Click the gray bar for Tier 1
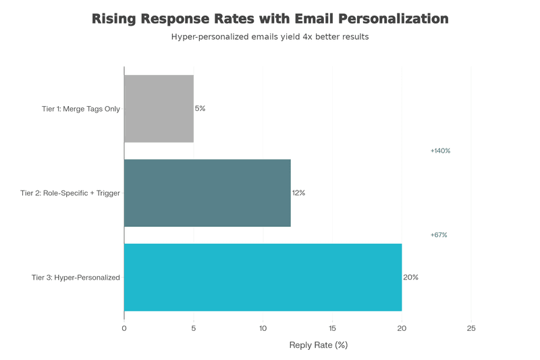(x=159, y=108)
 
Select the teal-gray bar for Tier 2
(x=207, y=192)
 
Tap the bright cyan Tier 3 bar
(x=263, y=277)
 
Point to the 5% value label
(x=200, y=108)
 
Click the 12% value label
(x=298, y=192)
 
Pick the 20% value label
(x=410, y=277)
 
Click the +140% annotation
(x=440, y=151)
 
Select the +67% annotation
(x=439, y=235)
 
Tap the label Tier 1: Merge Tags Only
(x=81, y=108)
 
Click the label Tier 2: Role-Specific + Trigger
(x=71, y=193)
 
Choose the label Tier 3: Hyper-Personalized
(x=76, y=278)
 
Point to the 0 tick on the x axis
(x=124, y=328)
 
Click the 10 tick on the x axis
(x=263, y=328)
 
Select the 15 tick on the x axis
(x=333, y=328)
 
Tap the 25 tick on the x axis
(x=471, y=328)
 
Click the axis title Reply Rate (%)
(x=318, y=345)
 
